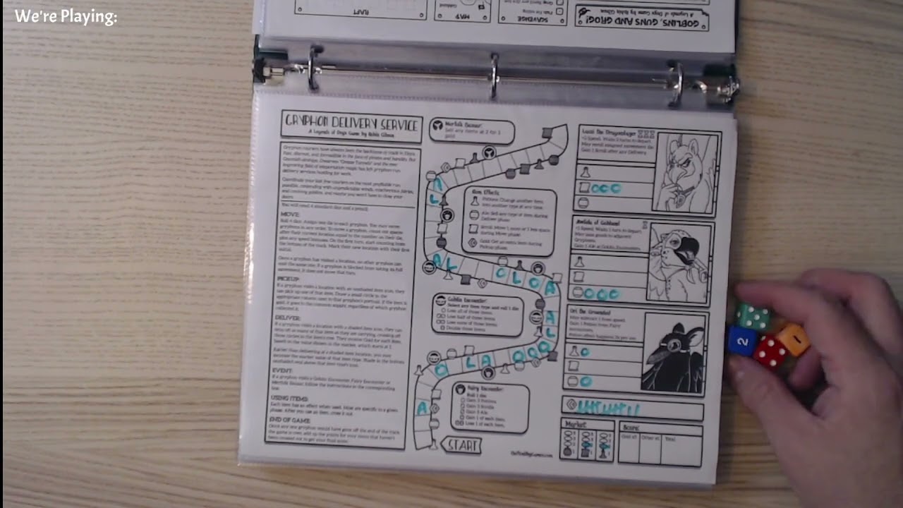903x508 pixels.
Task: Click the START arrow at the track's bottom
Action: click(x=461, y=445)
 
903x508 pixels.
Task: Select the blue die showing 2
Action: click(x=741, y=341)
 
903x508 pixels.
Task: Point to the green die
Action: click(x=753, y=317)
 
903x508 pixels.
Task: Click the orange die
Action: click(x=793, y=339)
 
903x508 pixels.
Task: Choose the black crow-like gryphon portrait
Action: click(x=674, y=352)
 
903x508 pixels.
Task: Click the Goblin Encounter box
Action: click(x=478, y=315)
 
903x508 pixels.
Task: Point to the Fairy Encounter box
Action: click(x=490, y=407)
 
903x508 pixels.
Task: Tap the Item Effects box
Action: click(x=512, y=221)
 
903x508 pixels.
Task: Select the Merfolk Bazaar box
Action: click(x=471, y=131)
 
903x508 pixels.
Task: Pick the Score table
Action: click(x=660, y=443)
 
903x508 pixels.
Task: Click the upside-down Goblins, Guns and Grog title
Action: click(x=642, y=16)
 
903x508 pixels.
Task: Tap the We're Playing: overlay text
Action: click(x=66, y=17)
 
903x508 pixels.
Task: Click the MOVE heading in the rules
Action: click(x=290, y=213)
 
